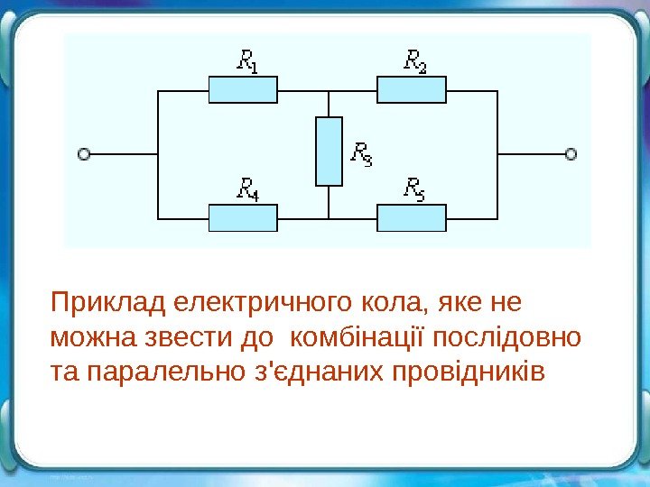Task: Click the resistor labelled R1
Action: point(243,90)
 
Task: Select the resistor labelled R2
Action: point(411,90)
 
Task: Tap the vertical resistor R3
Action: point(329,152)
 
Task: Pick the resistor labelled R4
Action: point(243,218)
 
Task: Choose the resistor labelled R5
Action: point(411,218)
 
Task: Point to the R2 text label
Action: point(414,61)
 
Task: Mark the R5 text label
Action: point(414,188)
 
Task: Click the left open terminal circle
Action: point(84,154)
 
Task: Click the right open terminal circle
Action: point(571,154)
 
